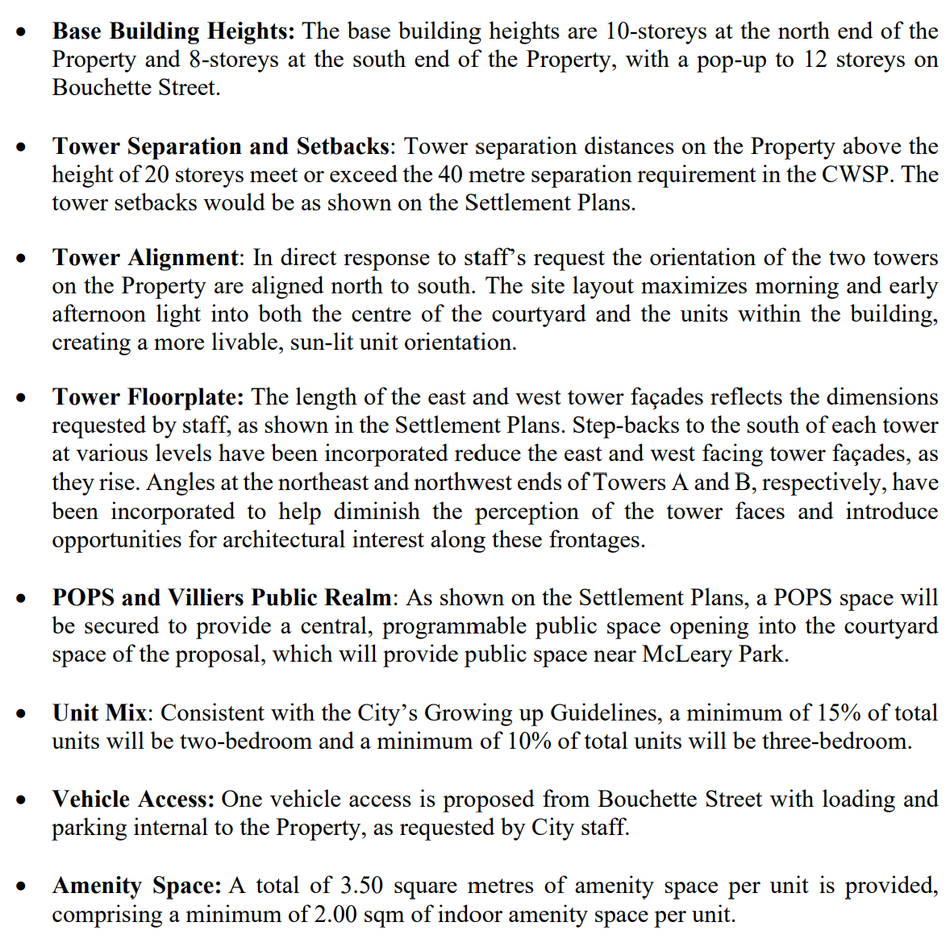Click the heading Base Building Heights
point(173,31)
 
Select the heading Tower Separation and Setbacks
point(221,147)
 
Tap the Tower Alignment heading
point(146,258)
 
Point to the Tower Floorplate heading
point(148,397)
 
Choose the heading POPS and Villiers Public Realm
point(222,598)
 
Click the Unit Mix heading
point(100,713)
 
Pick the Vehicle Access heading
point(133,800)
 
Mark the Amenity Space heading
point(136,886)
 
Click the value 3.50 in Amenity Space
point(361,886)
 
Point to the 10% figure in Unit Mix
point(528,742)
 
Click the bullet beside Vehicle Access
point(24,800)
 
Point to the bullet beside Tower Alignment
point(24,259)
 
